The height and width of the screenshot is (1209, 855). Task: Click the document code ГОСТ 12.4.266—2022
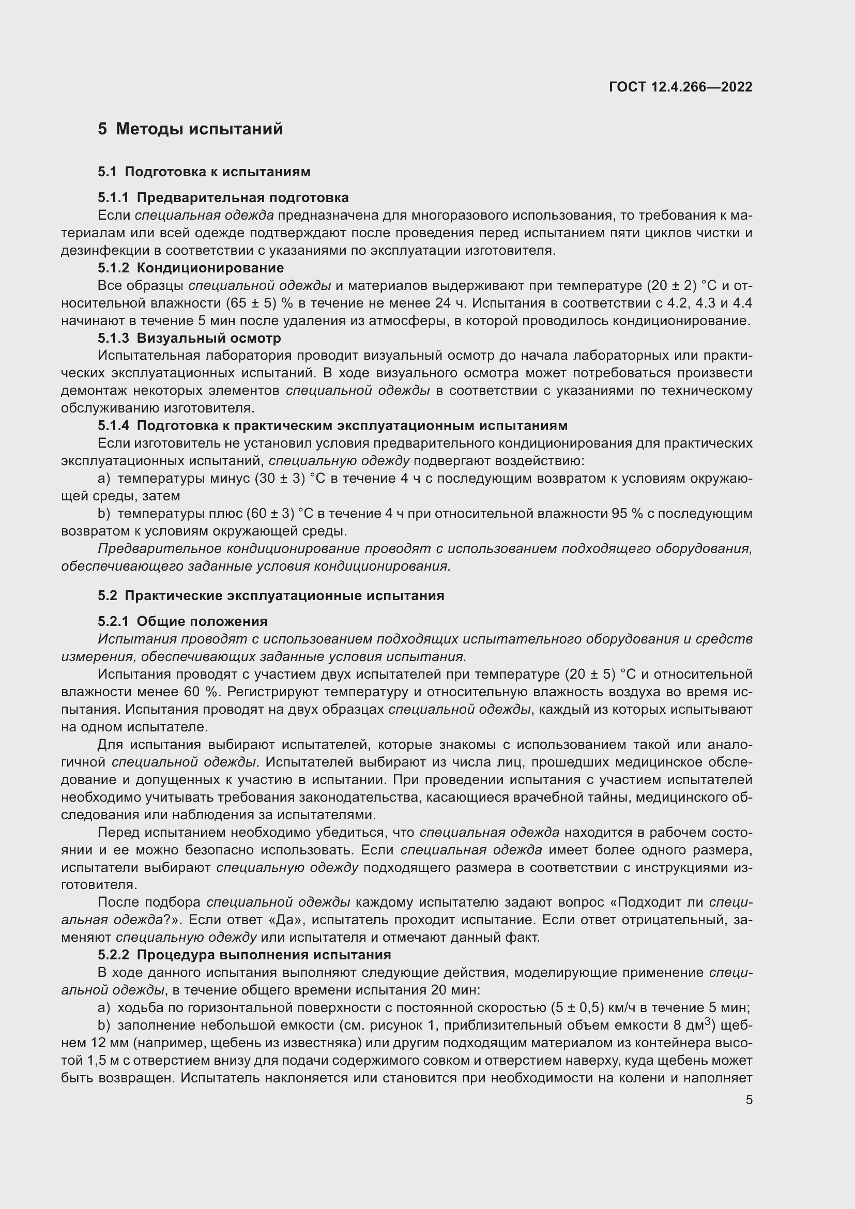tap(680, 87)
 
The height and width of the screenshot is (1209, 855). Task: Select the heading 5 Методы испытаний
tap(190, 129)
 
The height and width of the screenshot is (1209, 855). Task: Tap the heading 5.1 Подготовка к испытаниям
tap(204, 172)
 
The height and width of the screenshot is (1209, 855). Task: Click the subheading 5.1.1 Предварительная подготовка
tap(223, 197)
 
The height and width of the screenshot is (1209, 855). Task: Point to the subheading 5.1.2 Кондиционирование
tap(191, 268)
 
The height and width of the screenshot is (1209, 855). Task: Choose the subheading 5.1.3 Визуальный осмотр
tap(189, 338)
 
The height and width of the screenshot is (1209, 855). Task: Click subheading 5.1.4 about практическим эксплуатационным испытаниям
tap(332, 425)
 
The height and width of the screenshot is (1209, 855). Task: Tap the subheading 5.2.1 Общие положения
tap(182, 621)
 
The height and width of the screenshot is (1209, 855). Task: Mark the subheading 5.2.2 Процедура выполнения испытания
tap(245, 955)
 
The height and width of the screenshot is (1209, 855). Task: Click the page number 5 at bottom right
tap(749, 1100)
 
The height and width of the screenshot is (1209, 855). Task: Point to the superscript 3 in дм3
tap(708, 1021)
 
